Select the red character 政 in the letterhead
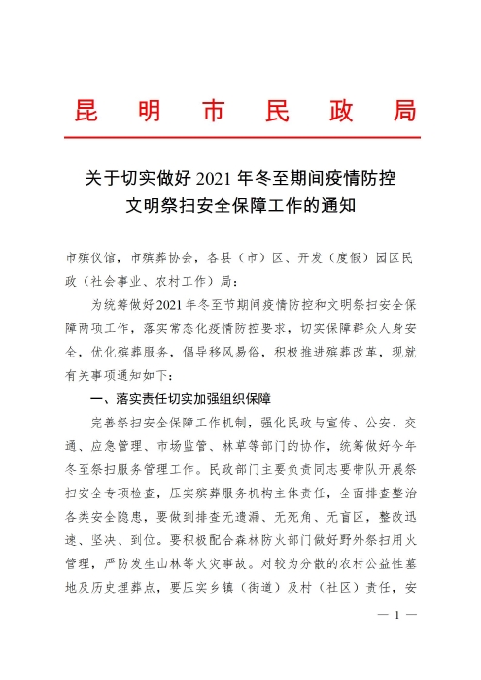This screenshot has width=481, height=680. pos(333,110)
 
